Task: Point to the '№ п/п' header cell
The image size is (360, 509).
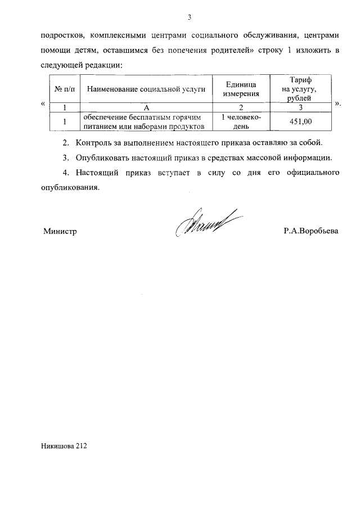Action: tap(65, 89)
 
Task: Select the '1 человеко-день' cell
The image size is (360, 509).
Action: tap(241, 121)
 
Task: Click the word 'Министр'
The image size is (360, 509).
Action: tap(60, 231)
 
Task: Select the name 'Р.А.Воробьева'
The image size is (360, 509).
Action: tap(311, 231)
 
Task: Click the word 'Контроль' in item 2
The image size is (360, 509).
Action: tap(92, 142)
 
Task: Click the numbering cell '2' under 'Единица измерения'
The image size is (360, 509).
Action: tap(241, 107)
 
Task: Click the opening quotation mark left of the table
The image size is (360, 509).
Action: tap(43, 104)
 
